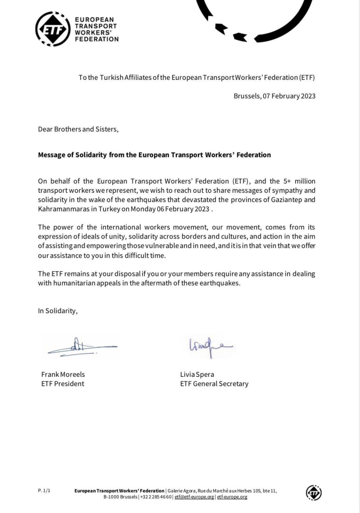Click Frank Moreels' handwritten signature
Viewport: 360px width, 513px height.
[82, 346]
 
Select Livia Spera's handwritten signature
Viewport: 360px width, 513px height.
[206, 345]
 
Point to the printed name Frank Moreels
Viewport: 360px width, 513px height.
[63, 374]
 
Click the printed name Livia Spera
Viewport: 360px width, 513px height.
[197, 374]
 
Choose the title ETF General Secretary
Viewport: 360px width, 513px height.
[214, 384]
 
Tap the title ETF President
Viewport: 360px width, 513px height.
[63, 384]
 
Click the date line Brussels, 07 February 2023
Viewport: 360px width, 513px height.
[274, 96]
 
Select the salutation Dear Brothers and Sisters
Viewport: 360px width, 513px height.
[78, 129]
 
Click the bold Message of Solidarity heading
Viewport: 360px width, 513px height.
[154, 155]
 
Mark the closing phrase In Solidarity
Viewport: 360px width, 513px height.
[57, 311]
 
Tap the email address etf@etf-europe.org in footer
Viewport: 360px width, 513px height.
[194, 497]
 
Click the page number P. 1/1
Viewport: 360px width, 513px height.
[44, 491]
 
